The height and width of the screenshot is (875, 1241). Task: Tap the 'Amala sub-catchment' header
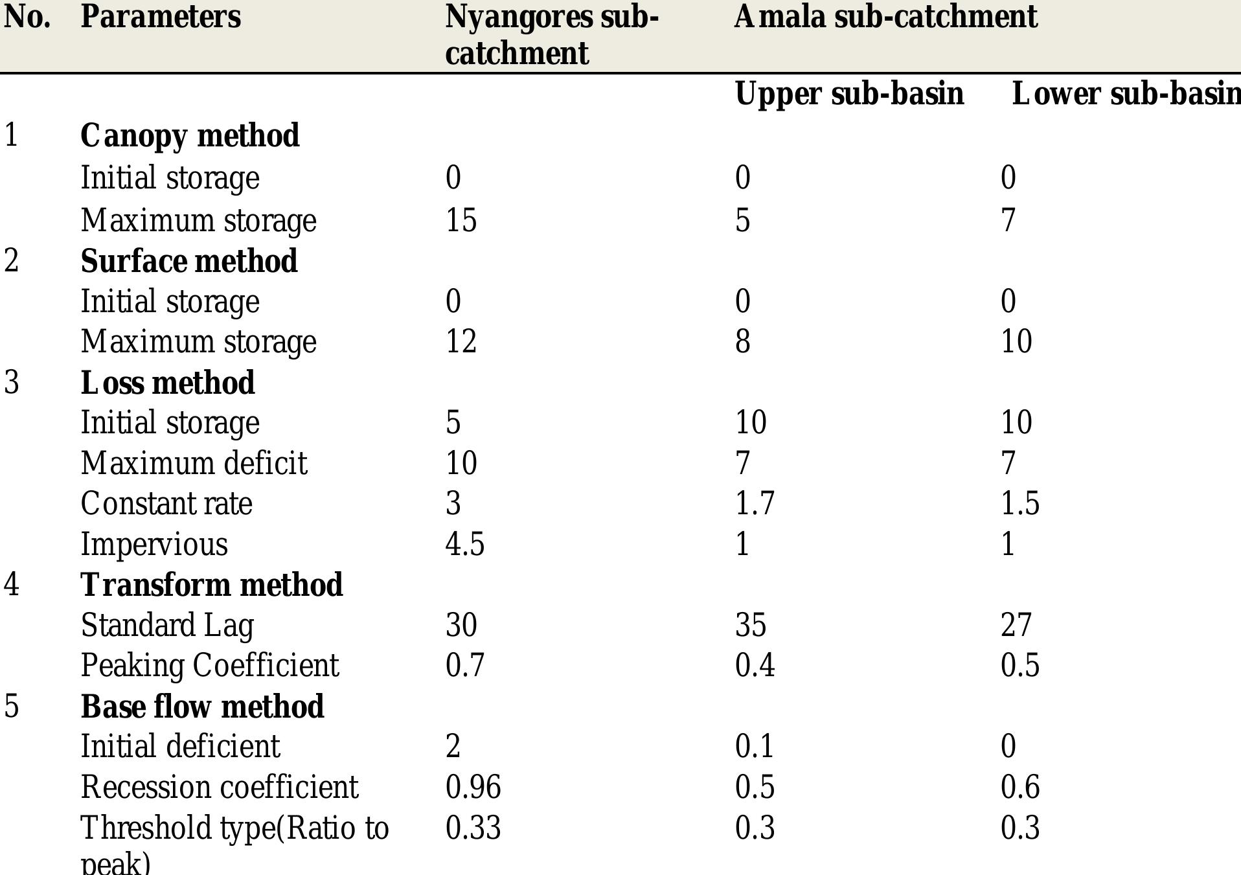(885, 17)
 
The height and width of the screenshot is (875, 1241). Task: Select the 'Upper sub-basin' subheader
(849, 94)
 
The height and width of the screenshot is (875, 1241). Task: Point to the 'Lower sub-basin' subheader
(1126, 94)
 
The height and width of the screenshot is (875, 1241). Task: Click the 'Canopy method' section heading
(190, 136)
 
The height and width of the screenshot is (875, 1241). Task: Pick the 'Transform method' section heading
(211, 585)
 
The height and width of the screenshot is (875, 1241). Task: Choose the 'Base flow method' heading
(202, 707)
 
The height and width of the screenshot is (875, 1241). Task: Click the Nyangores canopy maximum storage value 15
(461, 220)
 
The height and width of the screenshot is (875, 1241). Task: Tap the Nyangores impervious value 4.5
(464, 544)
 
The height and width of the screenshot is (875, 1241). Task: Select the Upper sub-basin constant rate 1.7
(755, 503)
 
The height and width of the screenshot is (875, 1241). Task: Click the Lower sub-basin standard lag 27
(1016, 626)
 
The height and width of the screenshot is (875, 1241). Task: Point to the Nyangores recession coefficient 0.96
(473, 788)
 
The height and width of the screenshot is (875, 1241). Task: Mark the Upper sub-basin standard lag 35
(750, 626)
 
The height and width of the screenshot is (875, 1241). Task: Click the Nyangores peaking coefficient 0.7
(464, 666)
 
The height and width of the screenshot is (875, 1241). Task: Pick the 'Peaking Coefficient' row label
(210, 666)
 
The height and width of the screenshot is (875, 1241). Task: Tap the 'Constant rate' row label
(166, 503)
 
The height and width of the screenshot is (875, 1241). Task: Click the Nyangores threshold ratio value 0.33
(473, 828)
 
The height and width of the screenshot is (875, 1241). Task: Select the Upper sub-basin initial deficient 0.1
(754, 747)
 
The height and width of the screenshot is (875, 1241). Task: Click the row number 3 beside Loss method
(12, 383)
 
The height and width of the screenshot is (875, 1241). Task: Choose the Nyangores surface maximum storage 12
(461, 341)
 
